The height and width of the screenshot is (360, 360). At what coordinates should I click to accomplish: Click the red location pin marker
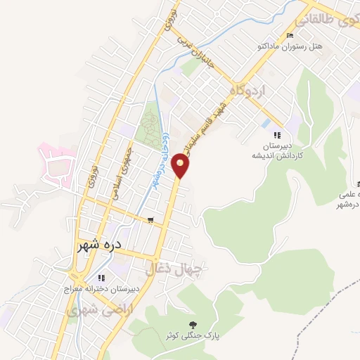[181, 166]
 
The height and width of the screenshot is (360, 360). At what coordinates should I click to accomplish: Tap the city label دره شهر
[99, 247]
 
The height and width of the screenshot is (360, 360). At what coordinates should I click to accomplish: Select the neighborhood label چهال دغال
[173, 268]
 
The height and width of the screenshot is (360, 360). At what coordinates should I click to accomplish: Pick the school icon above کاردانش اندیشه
[277, 135]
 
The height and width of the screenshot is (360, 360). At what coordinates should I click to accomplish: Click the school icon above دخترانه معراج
[102, 278]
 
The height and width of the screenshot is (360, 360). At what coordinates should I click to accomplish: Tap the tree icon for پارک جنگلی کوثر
[192, 324]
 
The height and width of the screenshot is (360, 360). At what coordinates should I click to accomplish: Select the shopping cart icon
[150, 220]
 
